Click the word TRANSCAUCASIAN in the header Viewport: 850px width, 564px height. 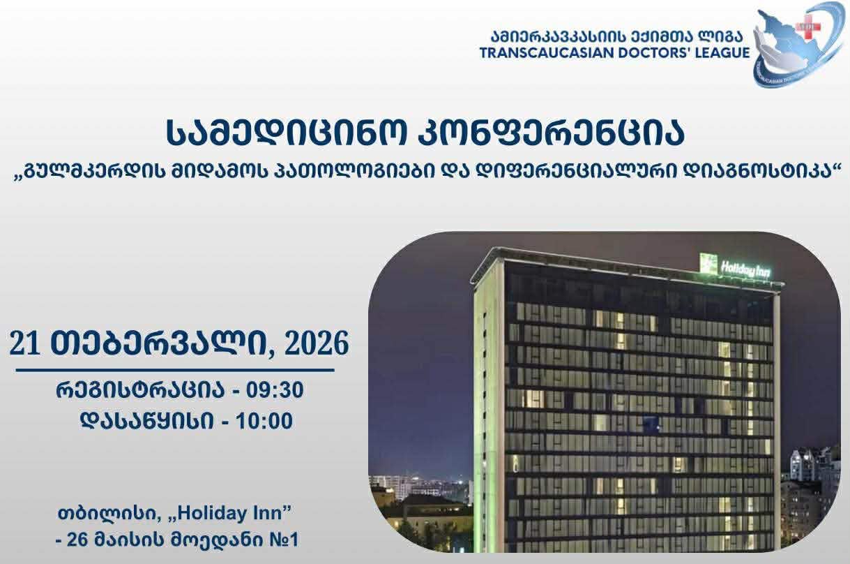pos(547,52)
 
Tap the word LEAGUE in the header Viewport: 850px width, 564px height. pos(718,52)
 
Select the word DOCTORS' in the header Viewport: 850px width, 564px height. pos(651,52)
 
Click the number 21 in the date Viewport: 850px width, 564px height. pos(24,343)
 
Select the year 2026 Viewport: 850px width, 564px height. pos(317,343)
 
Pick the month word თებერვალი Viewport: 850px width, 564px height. pos(158,343)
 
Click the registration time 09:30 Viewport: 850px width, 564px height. pos(275,390)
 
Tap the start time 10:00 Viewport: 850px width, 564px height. pos(264,421)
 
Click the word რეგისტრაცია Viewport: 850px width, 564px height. pos(140,390)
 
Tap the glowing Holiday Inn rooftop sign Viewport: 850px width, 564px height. pos(736,266)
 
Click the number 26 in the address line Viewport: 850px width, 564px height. pos(77,540)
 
